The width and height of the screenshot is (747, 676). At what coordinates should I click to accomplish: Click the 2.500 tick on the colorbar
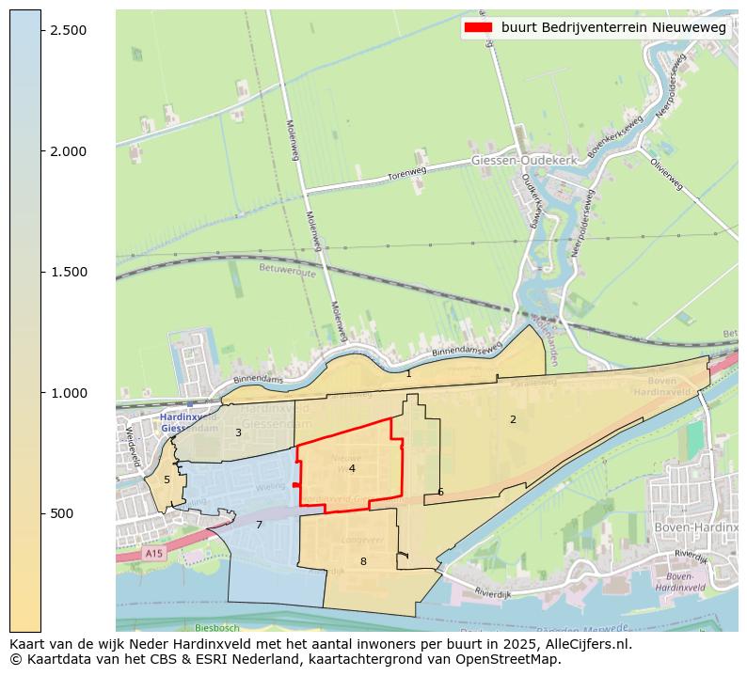pyautogui.click(x=67, y=30)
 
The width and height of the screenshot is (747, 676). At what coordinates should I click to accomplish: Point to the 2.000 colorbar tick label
pyautogui.click(x=67, y=151)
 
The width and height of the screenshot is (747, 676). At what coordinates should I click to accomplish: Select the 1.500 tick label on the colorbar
pyautogui.click(x=67, y=272)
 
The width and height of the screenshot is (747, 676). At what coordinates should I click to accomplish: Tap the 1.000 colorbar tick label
pyautogui.click(x=67, y=393)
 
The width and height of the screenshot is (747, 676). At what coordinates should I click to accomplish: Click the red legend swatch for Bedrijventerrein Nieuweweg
pyautogui.click(x=478, y=28)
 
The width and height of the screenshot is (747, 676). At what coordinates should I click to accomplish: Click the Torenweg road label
pyautogui.click(x=407, y=174)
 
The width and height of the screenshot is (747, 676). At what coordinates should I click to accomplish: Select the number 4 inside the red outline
pyautogui.click(x=352, y=468)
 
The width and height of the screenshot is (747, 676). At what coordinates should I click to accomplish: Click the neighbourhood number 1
pyautogui.click(x=408, y=373)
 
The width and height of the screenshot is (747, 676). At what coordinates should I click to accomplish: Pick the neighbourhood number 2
pyautogui.click(x=513, y=419)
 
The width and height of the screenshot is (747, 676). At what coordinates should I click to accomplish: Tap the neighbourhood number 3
pyautogui.click(x=238, y=432)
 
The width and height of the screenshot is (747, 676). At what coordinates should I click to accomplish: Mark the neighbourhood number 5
pyautogui.click(x=167, y=479)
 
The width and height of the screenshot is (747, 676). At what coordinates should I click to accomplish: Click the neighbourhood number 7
pyautogui.click(x=259, y=525)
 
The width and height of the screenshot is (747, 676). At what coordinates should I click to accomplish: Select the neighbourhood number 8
pyautogui.click(x=363, y=561)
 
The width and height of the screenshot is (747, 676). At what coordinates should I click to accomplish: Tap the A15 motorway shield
pyautogui.click(x=154, y=554)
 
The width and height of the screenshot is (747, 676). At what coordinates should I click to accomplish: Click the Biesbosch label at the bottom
pyautogui.click(x=217, y=627)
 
